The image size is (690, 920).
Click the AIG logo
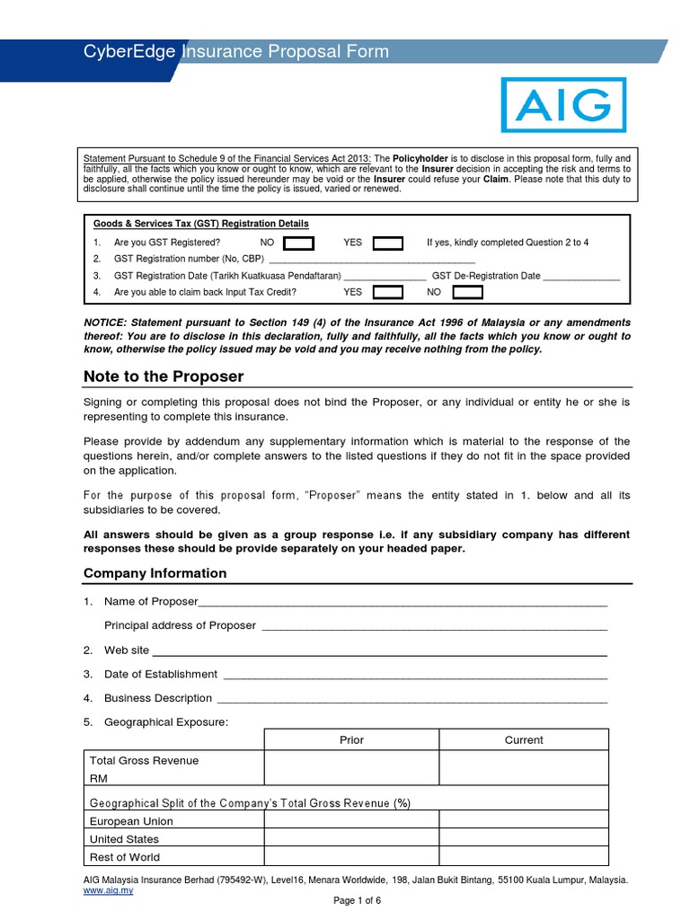point(562,105)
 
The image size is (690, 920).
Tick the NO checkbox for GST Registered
point(299,243)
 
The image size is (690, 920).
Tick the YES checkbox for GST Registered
point(388,243)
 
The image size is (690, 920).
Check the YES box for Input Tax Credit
point(388,292)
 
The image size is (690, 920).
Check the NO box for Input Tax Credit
point(467,292)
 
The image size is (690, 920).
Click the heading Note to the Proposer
point(164,376)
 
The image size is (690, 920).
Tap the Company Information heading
point(155,573)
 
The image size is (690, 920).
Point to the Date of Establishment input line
point(414,675)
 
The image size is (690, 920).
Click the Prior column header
point(351,740)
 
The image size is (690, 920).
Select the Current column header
point(524,740)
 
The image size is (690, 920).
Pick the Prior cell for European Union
point(351,820)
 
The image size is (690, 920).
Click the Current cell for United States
point(524,838)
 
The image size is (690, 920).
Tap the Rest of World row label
point(125,857)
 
